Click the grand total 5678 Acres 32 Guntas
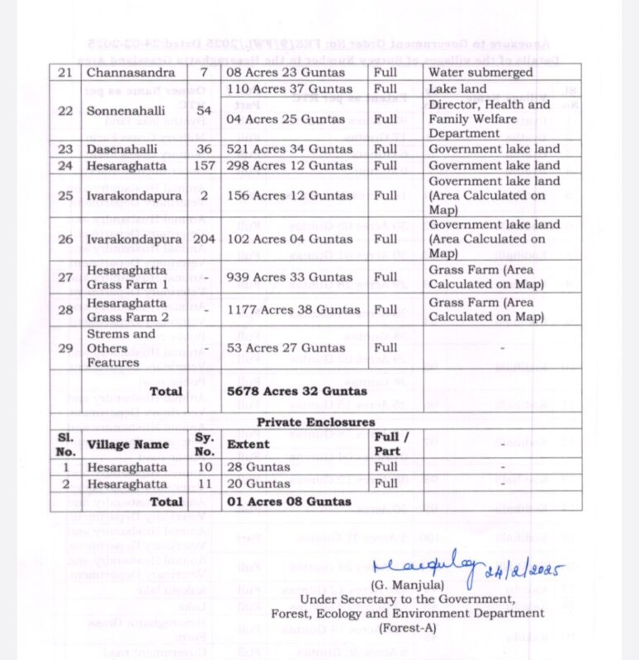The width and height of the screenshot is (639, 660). pos(296,391)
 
